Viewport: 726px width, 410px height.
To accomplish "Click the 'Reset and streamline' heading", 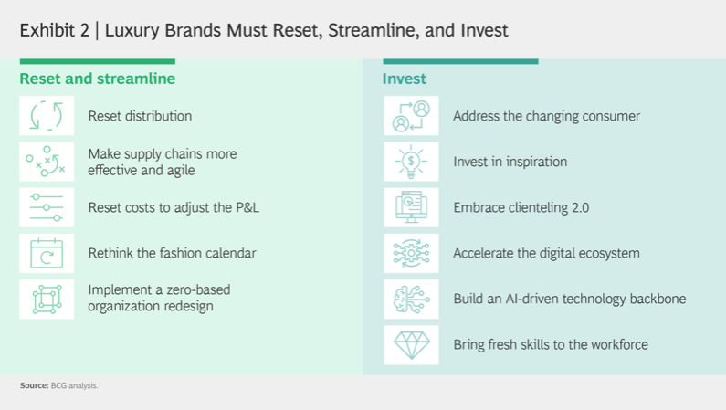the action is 97,79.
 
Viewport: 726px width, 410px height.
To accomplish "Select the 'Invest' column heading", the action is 405,79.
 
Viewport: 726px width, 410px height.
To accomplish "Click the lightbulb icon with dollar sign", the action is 411,162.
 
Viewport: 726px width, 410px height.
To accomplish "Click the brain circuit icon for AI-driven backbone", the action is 411,299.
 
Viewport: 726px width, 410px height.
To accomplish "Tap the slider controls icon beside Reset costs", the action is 47,207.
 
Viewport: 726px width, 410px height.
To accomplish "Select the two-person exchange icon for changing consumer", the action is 411,116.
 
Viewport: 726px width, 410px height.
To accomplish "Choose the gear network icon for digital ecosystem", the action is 411,253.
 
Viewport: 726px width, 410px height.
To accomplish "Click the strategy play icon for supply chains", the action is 46,162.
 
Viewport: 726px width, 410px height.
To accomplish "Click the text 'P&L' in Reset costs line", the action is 247,207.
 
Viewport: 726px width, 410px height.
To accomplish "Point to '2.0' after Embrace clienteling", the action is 580,207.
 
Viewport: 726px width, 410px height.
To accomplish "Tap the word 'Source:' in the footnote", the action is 35,385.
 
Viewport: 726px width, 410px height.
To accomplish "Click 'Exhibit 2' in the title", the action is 55,30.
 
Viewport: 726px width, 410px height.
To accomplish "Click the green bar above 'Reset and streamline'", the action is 97,61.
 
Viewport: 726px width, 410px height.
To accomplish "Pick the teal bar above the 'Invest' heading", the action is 460,61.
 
